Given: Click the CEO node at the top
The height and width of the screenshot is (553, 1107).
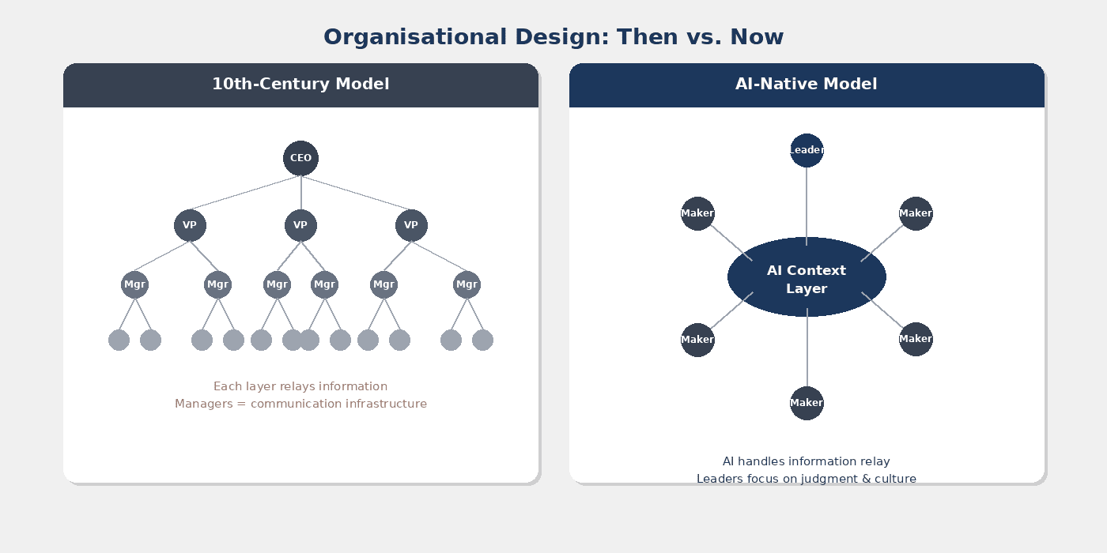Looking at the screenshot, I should (x=300, y=158).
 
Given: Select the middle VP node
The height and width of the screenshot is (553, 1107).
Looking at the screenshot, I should (x=300, y=225).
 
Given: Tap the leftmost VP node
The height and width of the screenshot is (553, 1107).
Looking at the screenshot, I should (x=190, y=225).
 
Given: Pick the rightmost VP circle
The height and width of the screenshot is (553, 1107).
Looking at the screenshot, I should (x=411, y=225).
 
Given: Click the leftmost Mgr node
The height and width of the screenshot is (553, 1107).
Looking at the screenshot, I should (x=134, y=284).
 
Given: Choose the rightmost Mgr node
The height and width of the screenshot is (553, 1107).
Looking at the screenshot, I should (x=467, y=284).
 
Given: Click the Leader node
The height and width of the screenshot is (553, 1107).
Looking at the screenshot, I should (x=807, y=150).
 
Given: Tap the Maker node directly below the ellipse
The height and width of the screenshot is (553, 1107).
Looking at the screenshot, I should (x=807, y=403).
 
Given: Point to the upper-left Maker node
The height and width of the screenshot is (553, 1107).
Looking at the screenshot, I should (x=697, y=213).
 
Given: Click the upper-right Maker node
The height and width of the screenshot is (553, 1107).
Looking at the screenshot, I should (x=916, y=213).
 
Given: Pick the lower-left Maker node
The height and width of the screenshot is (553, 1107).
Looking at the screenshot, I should (x=697, y=340).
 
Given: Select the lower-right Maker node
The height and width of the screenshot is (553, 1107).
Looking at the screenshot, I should (x=916, y=339).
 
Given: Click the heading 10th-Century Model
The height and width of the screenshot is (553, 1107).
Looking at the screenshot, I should (x=300, y=84).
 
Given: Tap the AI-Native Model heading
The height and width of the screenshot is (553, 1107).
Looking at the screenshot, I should (x=807, y=84).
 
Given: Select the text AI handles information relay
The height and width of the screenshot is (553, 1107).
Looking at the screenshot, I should (x=807, y=461).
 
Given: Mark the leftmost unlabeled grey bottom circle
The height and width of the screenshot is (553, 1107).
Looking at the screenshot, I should (x=119, y=340).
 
